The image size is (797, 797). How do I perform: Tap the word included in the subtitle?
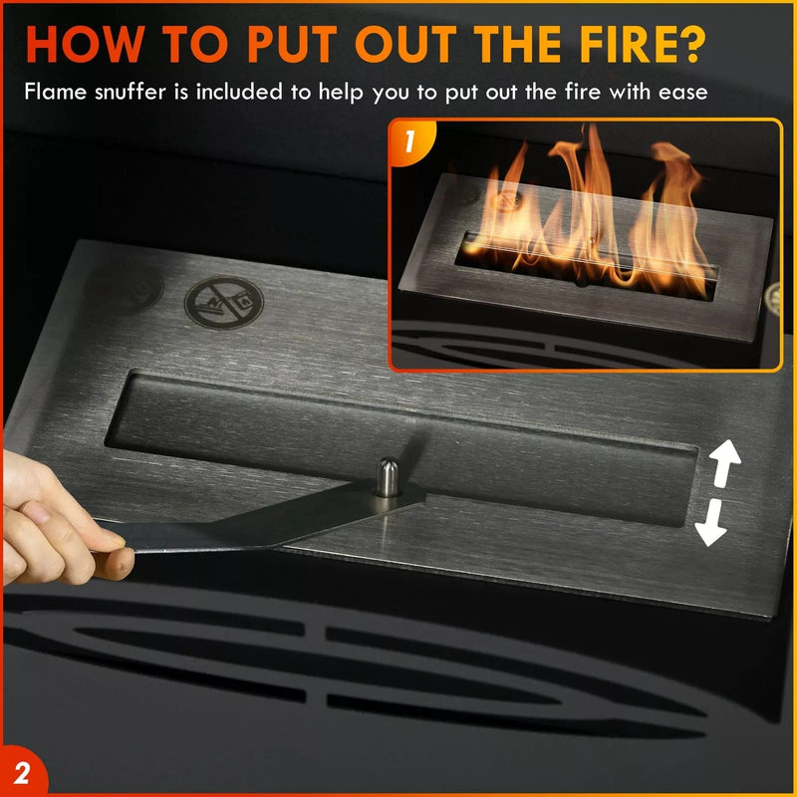coord(246,93)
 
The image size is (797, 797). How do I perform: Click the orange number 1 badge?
coord(409,140)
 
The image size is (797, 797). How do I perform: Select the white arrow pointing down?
coord(710,524)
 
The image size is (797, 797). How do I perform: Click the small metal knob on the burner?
coord(387,475)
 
